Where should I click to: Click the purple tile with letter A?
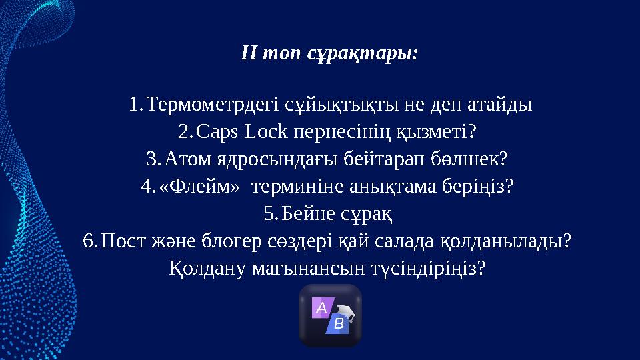point(322,309)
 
